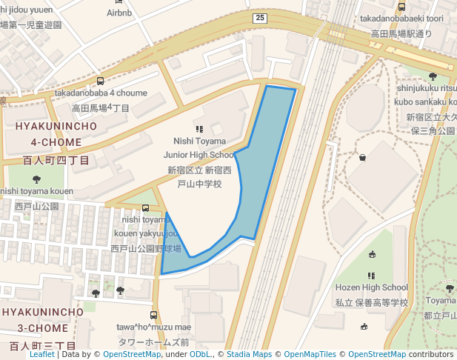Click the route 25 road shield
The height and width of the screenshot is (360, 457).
click(x=258, y=18)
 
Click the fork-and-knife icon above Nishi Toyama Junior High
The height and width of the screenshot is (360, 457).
click(x=199, y=129)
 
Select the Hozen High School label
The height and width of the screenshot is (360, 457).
click(x=371, y=287)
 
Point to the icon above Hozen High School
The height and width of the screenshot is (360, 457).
click(x=371, y=276)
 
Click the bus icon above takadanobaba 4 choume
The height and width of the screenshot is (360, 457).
click(x=101, y=81)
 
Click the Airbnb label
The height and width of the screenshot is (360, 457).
click(x=119, y=13)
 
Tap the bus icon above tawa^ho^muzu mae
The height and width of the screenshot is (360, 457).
click(x=154, y=316)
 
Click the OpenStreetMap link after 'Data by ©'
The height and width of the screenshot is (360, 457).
click(x=131, y=354)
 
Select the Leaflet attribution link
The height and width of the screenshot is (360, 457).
click(x=42, y=354)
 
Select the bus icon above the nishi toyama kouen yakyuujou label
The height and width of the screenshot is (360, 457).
click(x=145, y=208)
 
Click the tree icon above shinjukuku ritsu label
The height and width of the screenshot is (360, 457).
click(x=433, y=76)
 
